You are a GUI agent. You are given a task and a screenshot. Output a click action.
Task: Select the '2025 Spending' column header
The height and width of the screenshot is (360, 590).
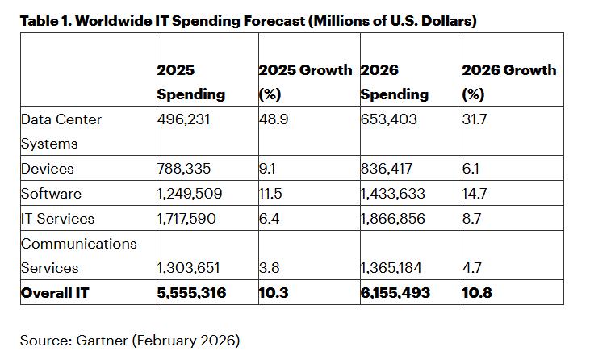coord(191,82)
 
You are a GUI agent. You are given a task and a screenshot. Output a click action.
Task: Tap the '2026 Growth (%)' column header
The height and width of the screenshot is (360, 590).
coord(508,82)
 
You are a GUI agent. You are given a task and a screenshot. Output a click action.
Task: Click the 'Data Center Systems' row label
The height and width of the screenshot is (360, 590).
coord(61,132)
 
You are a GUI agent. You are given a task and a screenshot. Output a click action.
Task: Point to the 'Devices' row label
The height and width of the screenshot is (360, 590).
coord(48,169)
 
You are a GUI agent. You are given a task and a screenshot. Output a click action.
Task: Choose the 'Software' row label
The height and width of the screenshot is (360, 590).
coord(52,194)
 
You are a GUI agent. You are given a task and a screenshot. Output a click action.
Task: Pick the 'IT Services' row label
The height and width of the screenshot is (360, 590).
coord(57,219)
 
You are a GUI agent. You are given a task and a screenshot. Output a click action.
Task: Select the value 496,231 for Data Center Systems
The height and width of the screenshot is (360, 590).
coord(186,119)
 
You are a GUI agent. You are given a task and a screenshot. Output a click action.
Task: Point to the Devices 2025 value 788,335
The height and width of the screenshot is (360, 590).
coord(186,169)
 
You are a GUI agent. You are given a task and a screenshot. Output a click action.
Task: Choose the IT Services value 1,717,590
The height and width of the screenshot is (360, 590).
coord(190,219)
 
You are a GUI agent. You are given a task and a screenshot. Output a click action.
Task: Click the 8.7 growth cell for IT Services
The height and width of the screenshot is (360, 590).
coord(473,219)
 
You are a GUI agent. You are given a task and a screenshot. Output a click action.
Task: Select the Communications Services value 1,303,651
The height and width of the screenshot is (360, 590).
coord(190,268)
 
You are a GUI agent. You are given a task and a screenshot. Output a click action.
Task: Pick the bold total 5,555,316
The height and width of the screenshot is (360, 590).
coord(193,292)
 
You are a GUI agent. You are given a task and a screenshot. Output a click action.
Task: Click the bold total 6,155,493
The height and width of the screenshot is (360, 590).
coord(395,292)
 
